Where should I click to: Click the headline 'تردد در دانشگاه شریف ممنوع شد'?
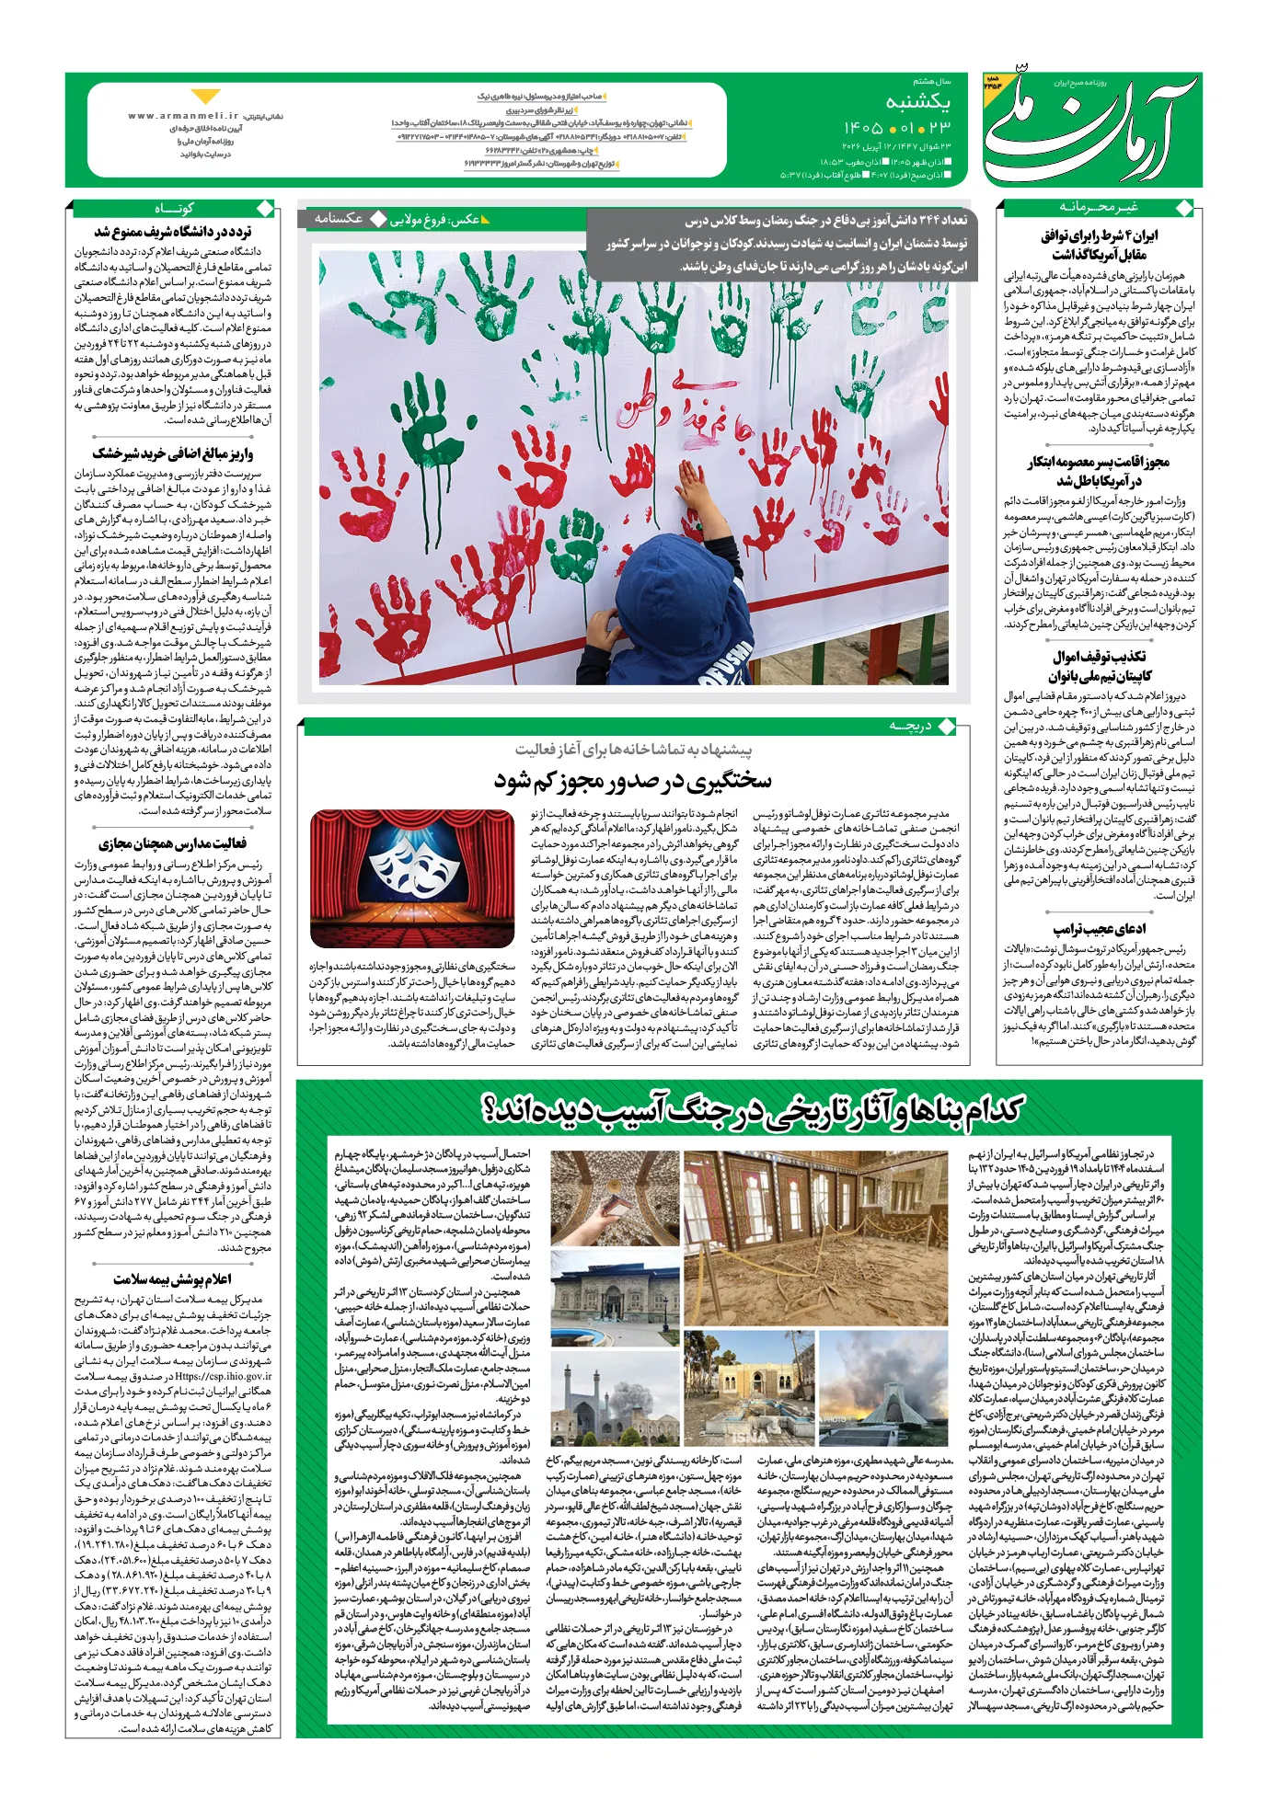[x=173, y=233]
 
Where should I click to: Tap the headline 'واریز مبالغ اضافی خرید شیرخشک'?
[x=173, y=453]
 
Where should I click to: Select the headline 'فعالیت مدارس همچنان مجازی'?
[x=173, y=843]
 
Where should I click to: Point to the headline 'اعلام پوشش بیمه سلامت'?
[x=173, y=1279]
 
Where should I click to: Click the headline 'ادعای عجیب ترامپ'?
[x=1100, y=929]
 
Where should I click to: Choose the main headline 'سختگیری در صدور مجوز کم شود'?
[x=633, y=781]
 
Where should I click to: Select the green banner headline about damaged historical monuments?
[x=753, y=1110]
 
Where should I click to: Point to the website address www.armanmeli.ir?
[x=183, y=116]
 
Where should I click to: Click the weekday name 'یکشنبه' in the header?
[x=918, y=100]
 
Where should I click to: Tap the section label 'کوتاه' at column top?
[x=174, y=208]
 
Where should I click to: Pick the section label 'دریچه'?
[x=910, y=727]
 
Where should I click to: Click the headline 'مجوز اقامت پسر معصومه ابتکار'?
[x=1100, y=471]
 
